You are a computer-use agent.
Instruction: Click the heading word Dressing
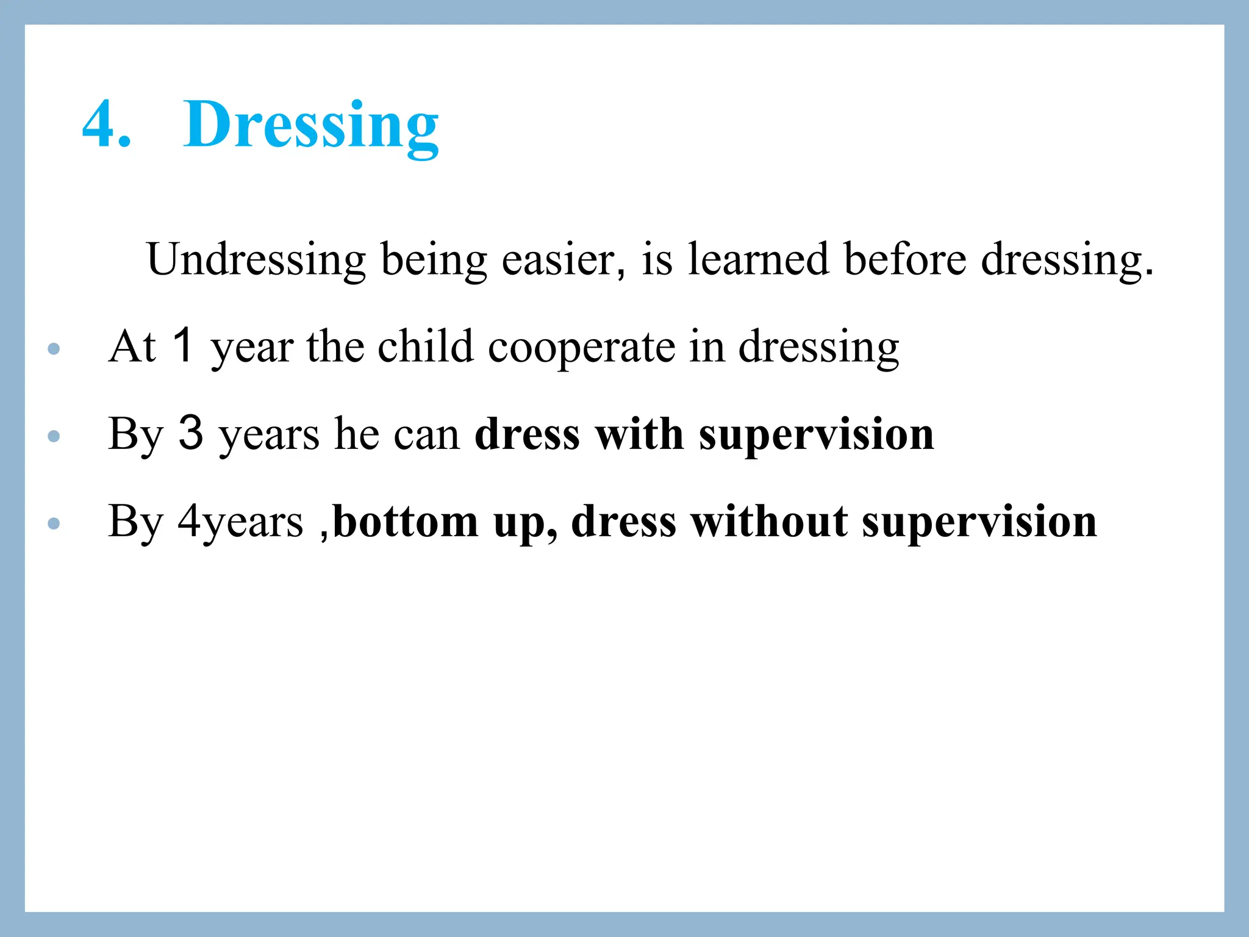click(310, 124)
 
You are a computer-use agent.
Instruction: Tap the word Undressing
click(256, 260)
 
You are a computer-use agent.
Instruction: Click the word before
click(905, 260)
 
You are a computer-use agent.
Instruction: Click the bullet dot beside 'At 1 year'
click(54, 349)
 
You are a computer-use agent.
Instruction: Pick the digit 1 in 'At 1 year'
click(183, 345)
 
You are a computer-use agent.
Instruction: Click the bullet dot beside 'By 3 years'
click(54, 436)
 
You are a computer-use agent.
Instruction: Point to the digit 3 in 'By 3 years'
click(190, 433)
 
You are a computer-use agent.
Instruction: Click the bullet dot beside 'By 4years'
click(54, 523)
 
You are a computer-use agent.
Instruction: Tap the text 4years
click(240, 522)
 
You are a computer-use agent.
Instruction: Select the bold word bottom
click(406, 522)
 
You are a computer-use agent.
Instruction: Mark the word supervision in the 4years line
click(979, 522)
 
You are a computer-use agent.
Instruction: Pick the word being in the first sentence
click(434, 260)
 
